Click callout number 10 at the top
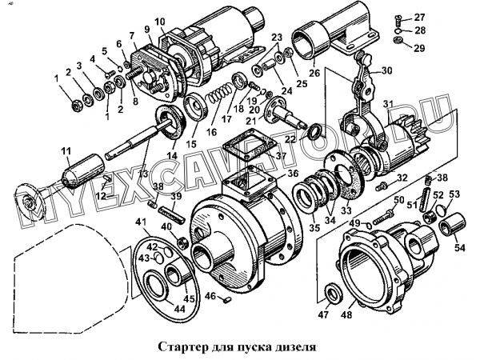[x=159, y=22]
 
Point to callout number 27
[x=420, y=18]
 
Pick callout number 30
[x=388, y=70]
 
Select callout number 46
[x=210, y=296]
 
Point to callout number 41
[x=139, y=222]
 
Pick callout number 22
[x=290, y=139]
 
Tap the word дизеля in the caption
[x=291, y=349]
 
